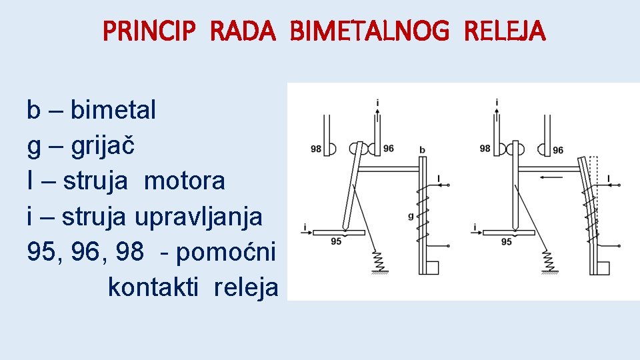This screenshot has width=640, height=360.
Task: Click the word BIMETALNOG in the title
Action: (x=365, y=31)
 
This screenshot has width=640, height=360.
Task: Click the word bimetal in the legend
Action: (x=113, y=109)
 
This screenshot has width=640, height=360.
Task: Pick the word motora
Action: (x=185, y=181)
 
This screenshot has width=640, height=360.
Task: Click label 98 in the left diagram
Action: (x=316, y=149)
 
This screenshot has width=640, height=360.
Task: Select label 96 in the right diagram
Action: (x=558, y=150)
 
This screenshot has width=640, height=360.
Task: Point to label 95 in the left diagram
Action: (x=336, y=241)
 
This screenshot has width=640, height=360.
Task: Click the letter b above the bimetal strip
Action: (x=423, y=149)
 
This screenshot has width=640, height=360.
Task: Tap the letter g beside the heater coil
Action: (x=411, y=215)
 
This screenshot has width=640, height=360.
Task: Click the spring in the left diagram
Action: (x=379, y=259)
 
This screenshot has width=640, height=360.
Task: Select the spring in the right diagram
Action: (x=549, y=259)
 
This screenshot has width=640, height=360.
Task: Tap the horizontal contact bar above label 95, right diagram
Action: (x=510, y=232)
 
